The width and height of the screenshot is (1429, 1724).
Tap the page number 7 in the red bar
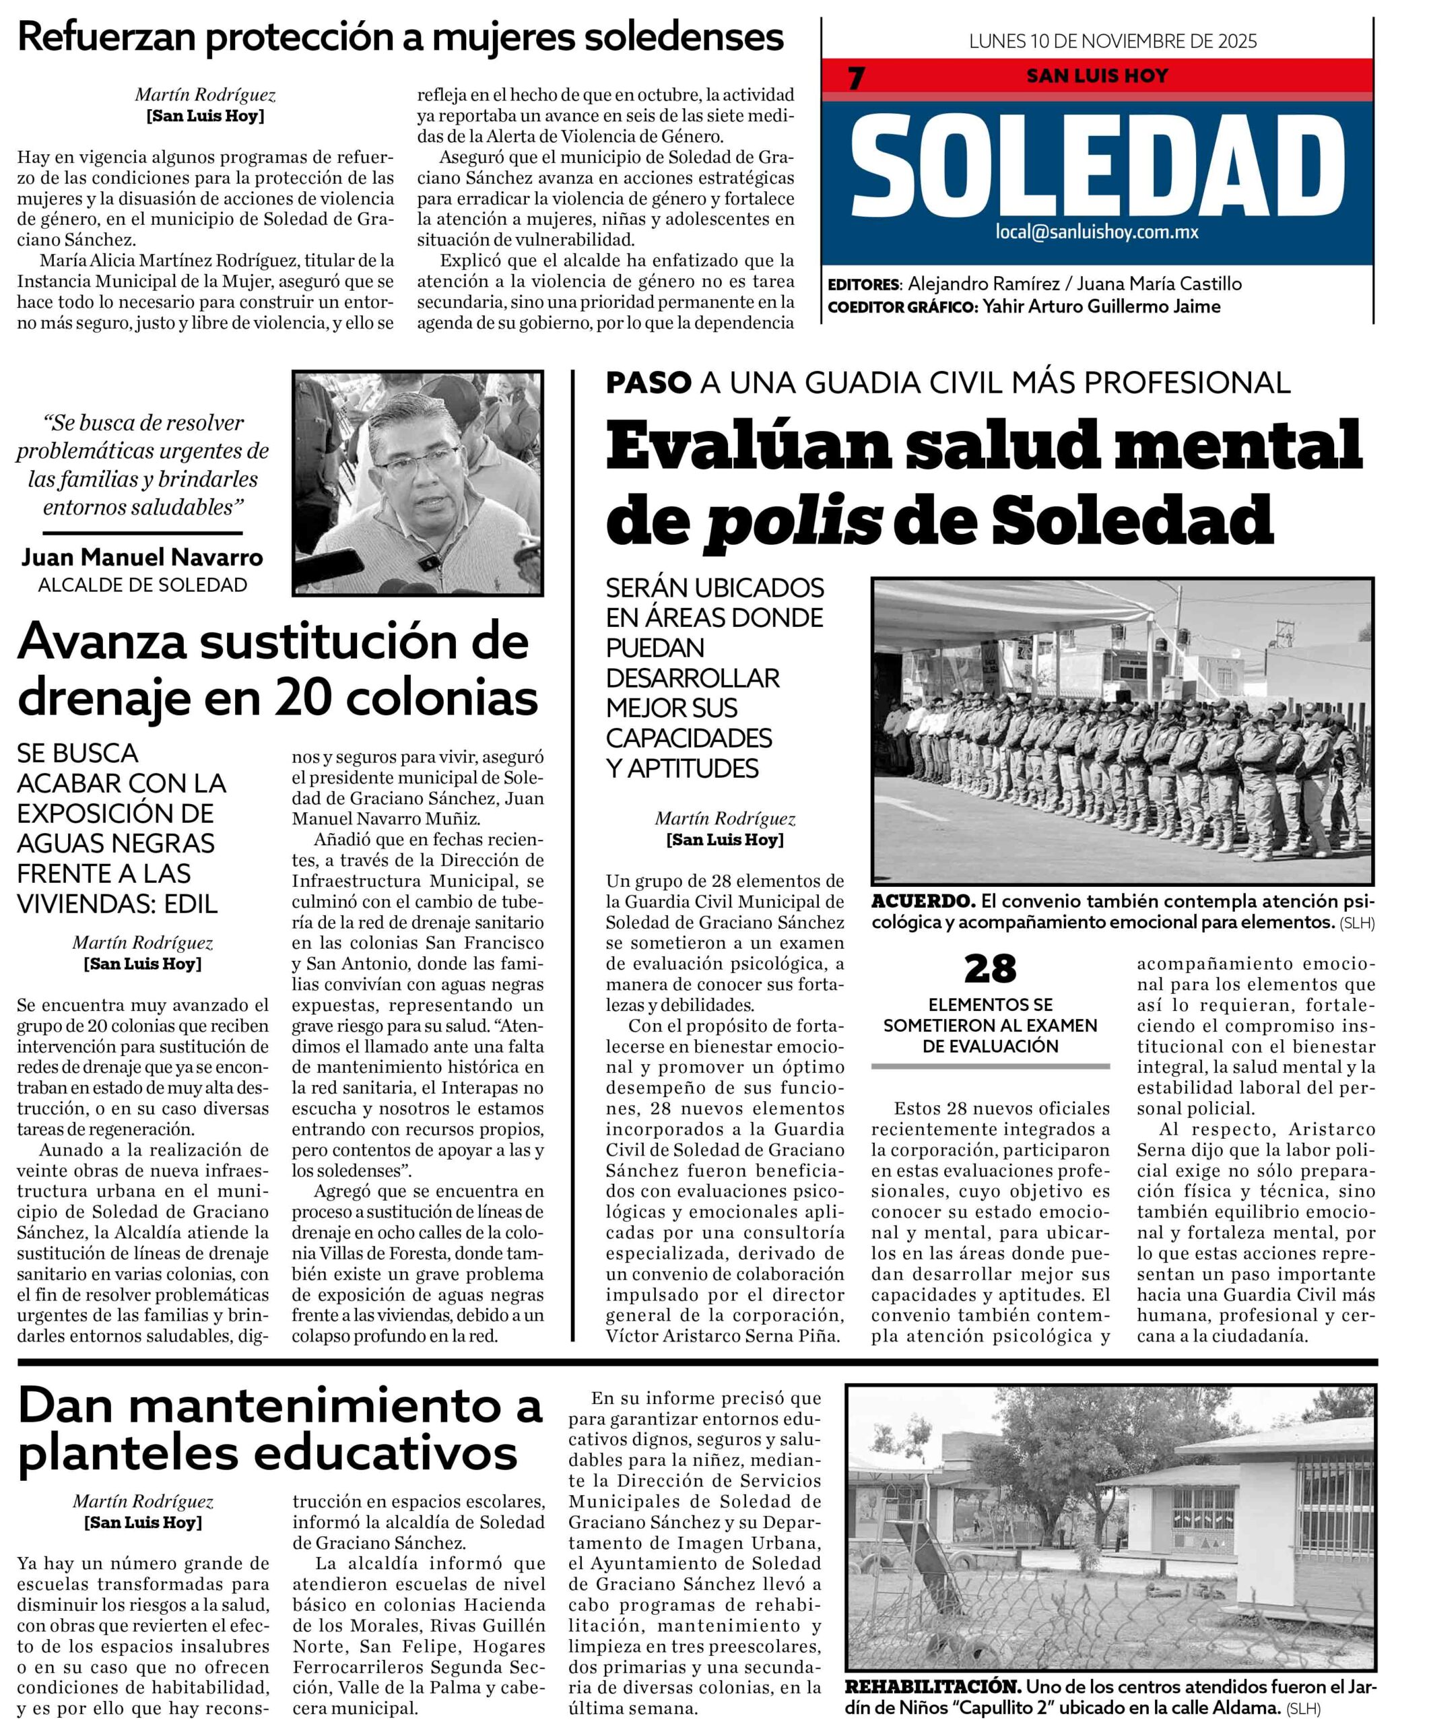[x=856, y=78]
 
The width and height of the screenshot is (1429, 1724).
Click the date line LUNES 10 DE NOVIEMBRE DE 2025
[x=1112, y=41]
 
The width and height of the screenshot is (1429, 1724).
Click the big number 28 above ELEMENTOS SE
[x=990, y=970]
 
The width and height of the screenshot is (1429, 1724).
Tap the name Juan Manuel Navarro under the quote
[x=142, y=558]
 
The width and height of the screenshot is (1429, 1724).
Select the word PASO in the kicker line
[x=649, y=383]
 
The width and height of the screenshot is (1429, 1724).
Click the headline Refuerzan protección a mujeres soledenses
[x=401, y=37]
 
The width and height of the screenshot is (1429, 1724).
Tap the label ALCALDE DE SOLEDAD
[x=142, y=585]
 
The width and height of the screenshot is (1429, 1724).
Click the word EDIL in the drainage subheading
[x=191, y=904]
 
